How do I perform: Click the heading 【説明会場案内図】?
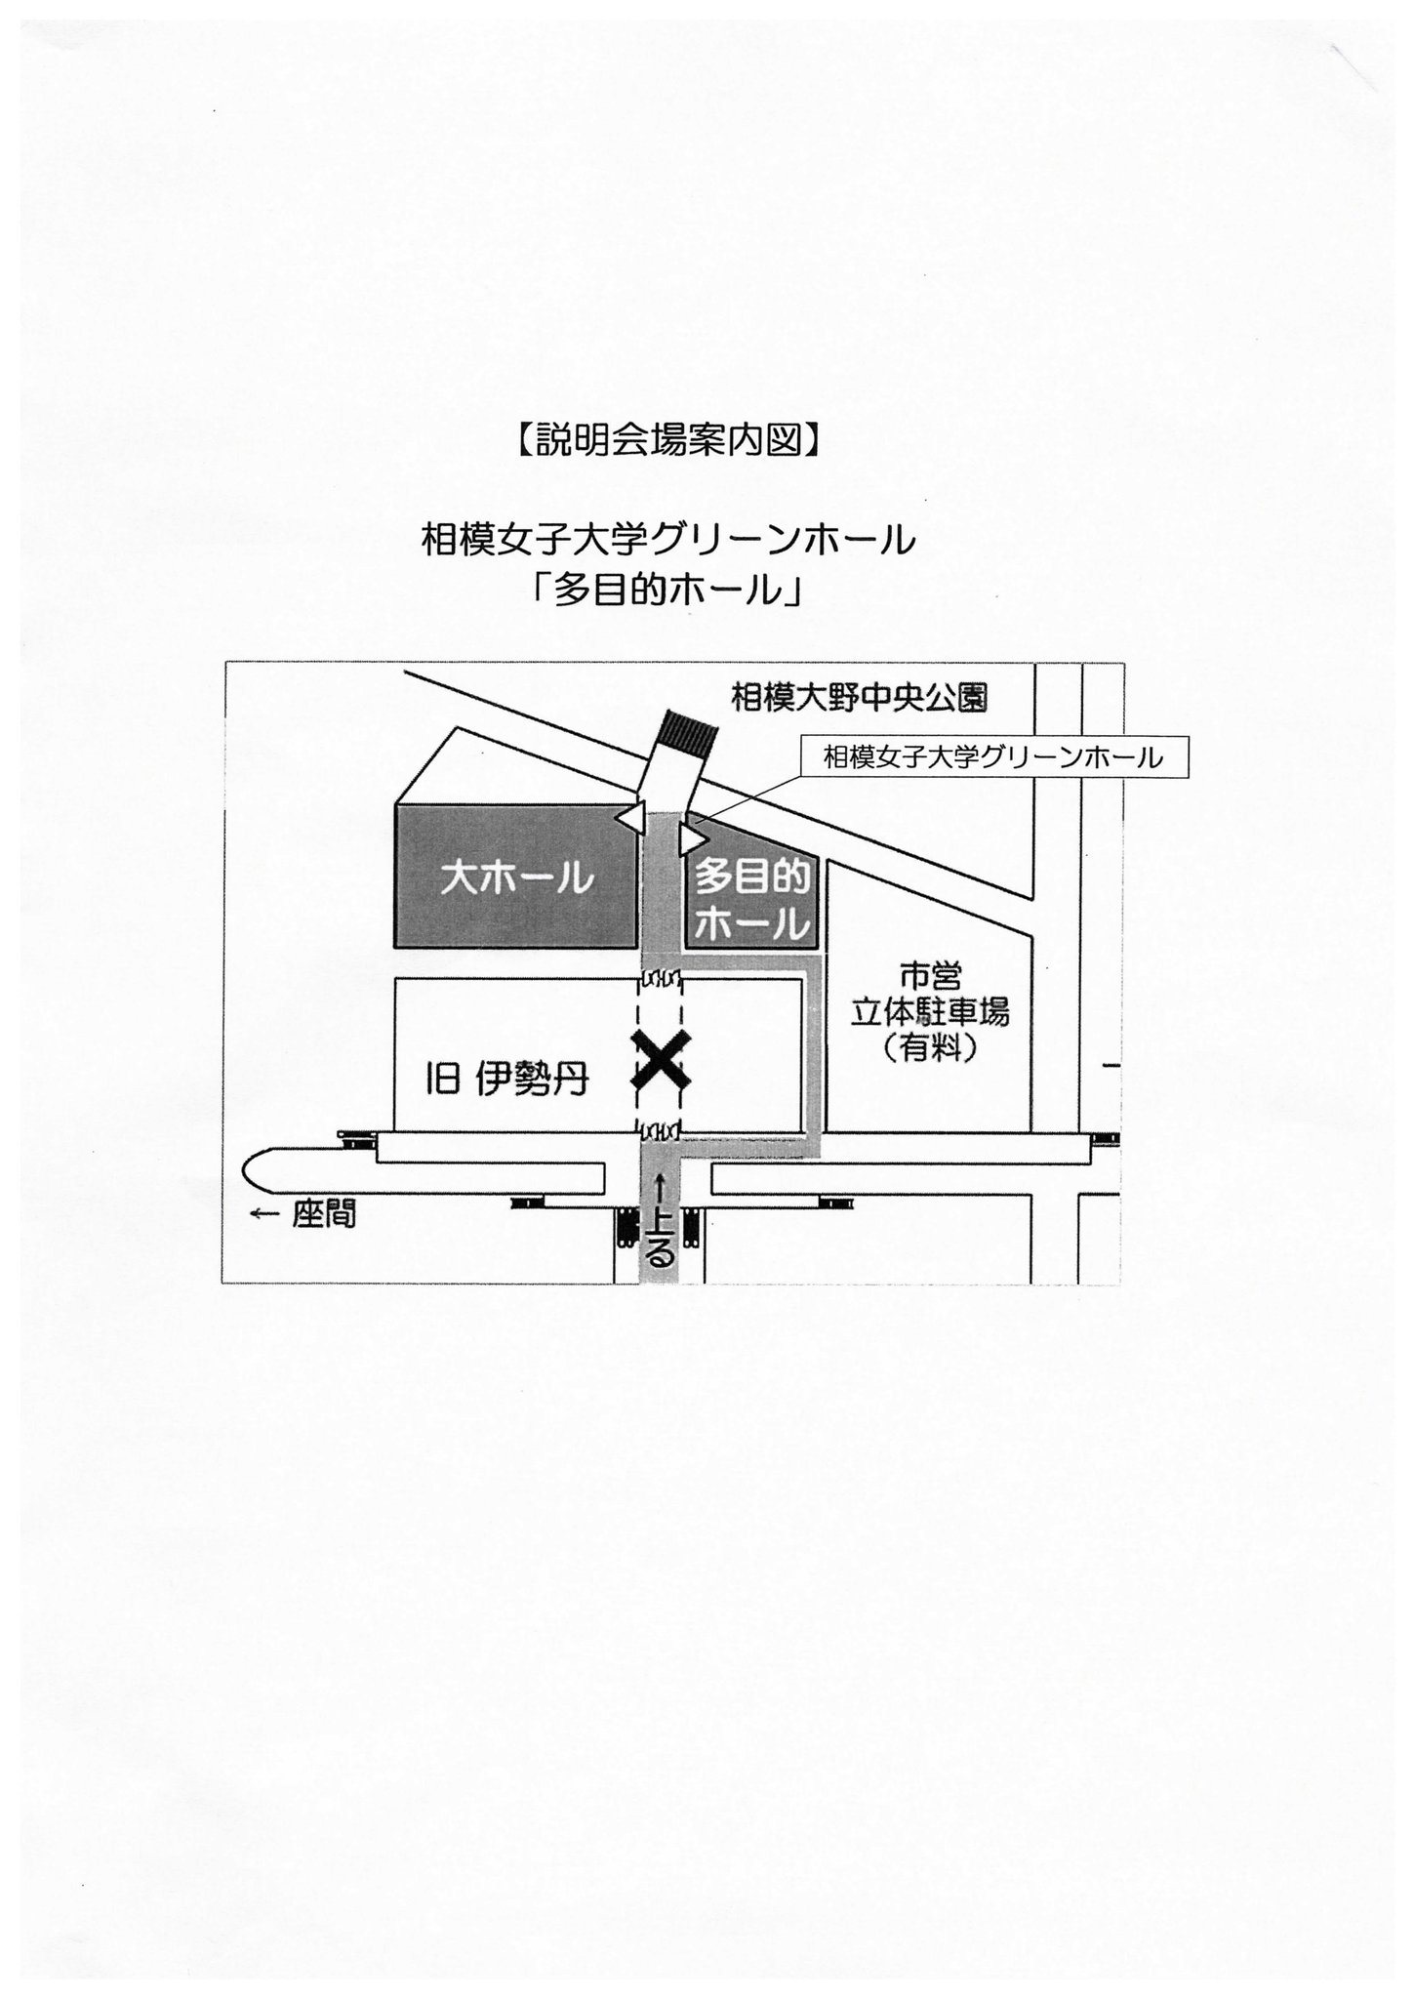tap(667, 441)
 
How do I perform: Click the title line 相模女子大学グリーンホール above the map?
tap(667, 540)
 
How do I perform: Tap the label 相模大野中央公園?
tap(859, 698)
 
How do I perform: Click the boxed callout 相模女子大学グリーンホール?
tap(992, 757)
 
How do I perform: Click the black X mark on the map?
tap(661, 1061)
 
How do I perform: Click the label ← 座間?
tap(303, 1214)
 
